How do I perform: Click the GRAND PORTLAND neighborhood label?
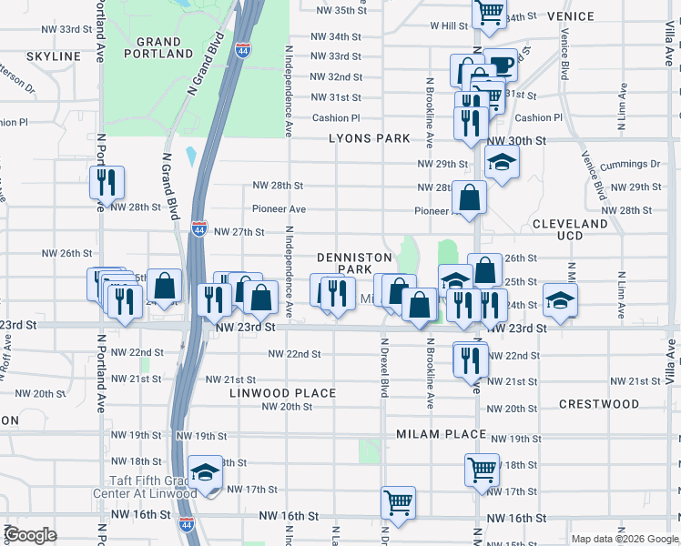164,47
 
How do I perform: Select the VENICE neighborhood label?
571,16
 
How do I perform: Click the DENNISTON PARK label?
344,263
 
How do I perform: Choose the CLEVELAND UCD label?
569,229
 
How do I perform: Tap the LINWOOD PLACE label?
283,393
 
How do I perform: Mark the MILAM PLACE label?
441,434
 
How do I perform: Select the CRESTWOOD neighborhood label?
598,403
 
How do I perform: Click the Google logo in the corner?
30,535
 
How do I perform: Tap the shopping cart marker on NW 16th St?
399,500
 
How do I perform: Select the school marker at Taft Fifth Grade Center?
207,473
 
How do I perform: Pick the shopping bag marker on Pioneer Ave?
470,197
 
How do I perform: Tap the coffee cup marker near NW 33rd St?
500,65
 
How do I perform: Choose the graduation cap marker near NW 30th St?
500,164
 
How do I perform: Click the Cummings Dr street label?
635,164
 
